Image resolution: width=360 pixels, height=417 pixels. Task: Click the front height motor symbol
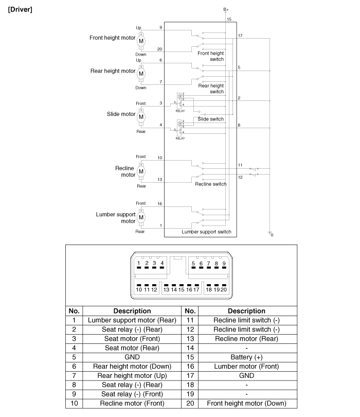tap(141, 40)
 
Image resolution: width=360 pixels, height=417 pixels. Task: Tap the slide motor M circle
tap(141, 117)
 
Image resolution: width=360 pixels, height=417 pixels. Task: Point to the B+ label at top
tap(226, 9)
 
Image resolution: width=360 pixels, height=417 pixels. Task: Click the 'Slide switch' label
tap(211, 119)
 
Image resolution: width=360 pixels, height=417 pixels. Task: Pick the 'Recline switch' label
tap(210, 184)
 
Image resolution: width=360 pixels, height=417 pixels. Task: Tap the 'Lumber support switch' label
tap(206, 232)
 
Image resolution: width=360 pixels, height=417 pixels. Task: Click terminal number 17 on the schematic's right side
tap(240, 36)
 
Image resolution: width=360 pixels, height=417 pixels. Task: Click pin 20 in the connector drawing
tap(224, 290)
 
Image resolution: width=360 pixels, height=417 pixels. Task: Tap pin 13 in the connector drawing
tap(166, 290)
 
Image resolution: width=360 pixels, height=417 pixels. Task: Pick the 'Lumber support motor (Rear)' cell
tap(132, 320)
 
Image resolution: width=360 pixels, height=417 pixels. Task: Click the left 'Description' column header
tap(132, 311)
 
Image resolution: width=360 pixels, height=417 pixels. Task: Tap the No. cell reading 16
tap(190, 366)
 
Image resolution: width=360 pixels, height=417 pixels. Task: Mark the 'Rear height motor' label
tap(113, 71)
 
